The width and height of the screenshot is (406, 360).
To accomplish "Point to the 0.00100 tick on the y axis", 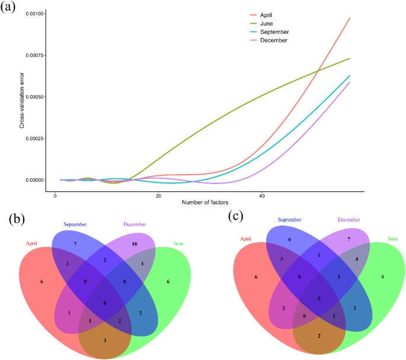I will [x=34, y=14].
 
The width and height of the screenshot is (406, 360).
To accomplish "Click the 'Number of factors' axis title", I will [x=205, y=203].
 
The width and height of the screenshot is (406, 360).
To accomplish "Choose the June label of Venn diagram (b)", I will [x=178, y=243].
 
